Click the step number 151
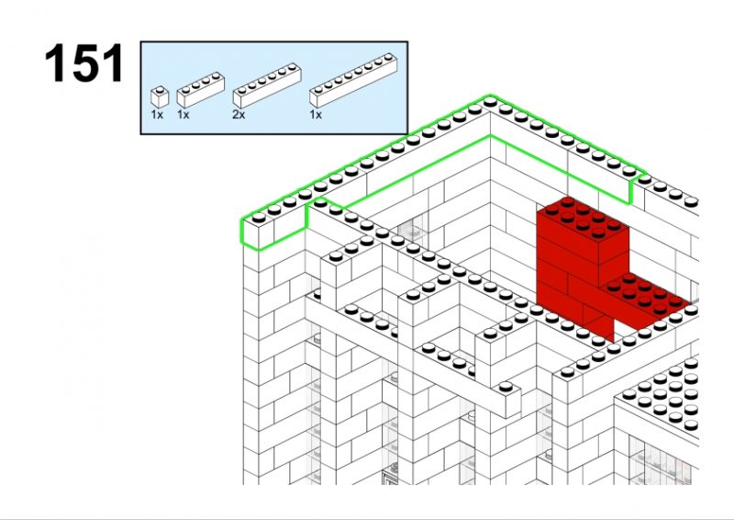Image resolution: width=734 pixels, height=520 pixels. pyautogui.click(x=84, y=62)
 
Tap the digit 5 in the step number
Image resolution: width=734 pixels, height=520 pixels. pyautogui.click(x=84, y=62)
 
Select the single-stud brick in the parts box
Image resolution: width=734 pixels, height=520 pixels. pyautogui.click(x=160, y=97)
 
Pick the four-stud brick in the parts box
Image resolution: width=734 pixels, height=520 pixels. pyautogui.click(x=200, y=89)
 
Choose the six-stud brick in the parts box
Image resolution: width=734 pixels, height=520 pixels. pyautogui.click(x=267, y=85)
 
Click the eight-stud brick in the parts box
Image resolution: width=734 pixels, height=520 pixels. pyautogui.click(x=353, y=80)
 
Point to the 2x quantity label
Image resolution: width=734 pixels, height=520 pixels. pyautogui.click(x=239, y=115)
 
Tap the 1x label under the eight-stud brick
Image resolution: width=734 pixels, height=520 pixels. pyautogui.click(x=316, y=115)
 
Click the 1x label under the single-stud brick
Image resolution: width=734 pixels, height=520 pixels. pyautogui.click(x=157, y=115)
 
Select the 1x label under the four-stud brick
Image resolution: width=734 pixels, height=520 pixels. pyautogui.click(x=183, y=115)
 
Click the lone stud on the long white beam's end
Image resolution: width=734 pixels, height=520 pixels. pyautogui.click(x=506, y=388)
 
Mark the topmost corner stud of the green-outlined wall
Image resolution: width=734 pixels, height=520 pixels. pyautogui.click(x=490, y=101)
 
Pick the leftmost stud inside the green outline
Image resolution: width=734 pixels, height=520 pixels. pyautogui.click(x=259, y=218)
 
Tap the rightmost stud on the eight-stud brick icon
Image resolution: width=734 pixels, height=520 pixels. pyautogui.click(x=388, y=57)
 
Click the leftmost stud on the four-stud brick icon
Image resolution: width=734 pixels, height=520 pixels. pyautogui.click(x=185, y=89)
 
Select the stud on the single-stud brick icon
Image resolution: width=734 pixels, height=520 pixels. pyautogui.click(x=161, y=89)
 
